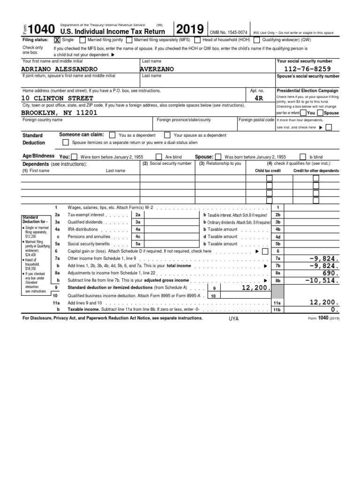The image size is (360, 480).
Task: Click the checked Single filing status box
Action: coord(57,40)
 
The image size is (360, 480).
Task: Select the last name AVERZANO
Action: coord(157,69)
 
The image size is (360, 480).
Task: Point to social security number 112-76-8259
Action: coord(307,69)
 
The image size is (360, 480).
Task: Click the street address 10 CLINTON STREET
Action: coord(58,98)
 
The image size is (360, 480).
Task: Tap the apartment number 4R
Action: coord(257,98)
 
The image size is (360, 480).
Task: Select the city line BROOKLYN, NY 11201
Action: coord(59,113)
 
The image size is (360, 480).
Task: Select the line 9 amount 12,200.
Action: coord(256,288)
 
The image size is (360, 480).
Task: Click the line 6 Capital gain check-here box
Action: coord(265,251)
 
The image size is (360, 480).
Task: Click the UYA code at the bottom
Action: coord(233,318)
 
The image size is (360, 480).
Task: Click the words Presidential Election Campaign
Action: coord(307,90)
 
